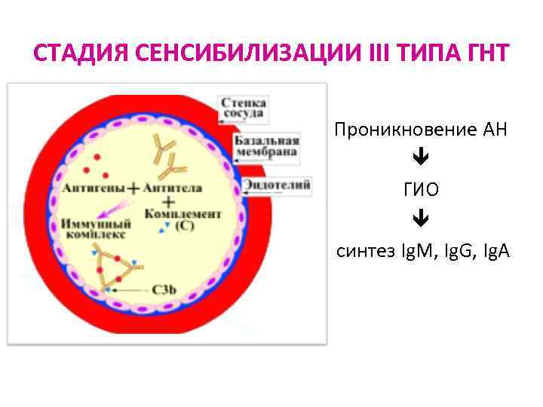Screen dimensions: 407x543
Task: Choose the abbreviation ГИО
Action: click(421, 189)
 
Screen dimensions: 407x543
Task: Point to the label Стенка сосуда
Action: click(242, 108)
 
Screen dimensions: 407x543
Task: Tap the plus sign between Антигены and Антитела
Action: click(134, 188)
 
